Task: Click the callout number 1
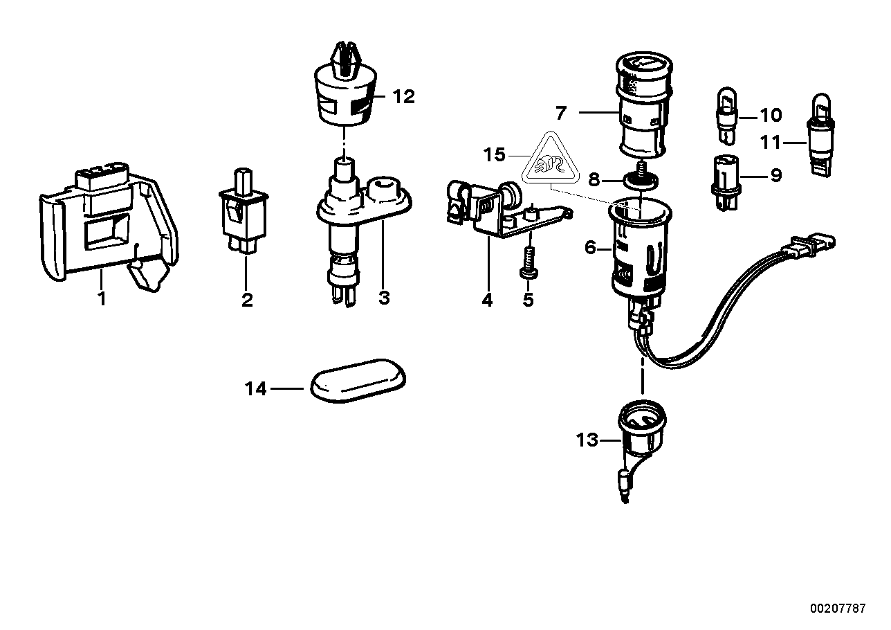(x=102, y=300)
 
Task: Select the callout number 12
(x=403, y=97)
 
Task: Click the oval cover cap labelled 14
(x=358, y=379)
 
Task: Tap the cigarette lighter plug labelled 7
(x=641, y=107)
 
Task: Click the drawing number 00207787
(x=838, y=609)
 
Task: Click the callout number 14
(x=255, y=389)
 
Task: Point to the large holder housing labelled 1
(x=107, y=222)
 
